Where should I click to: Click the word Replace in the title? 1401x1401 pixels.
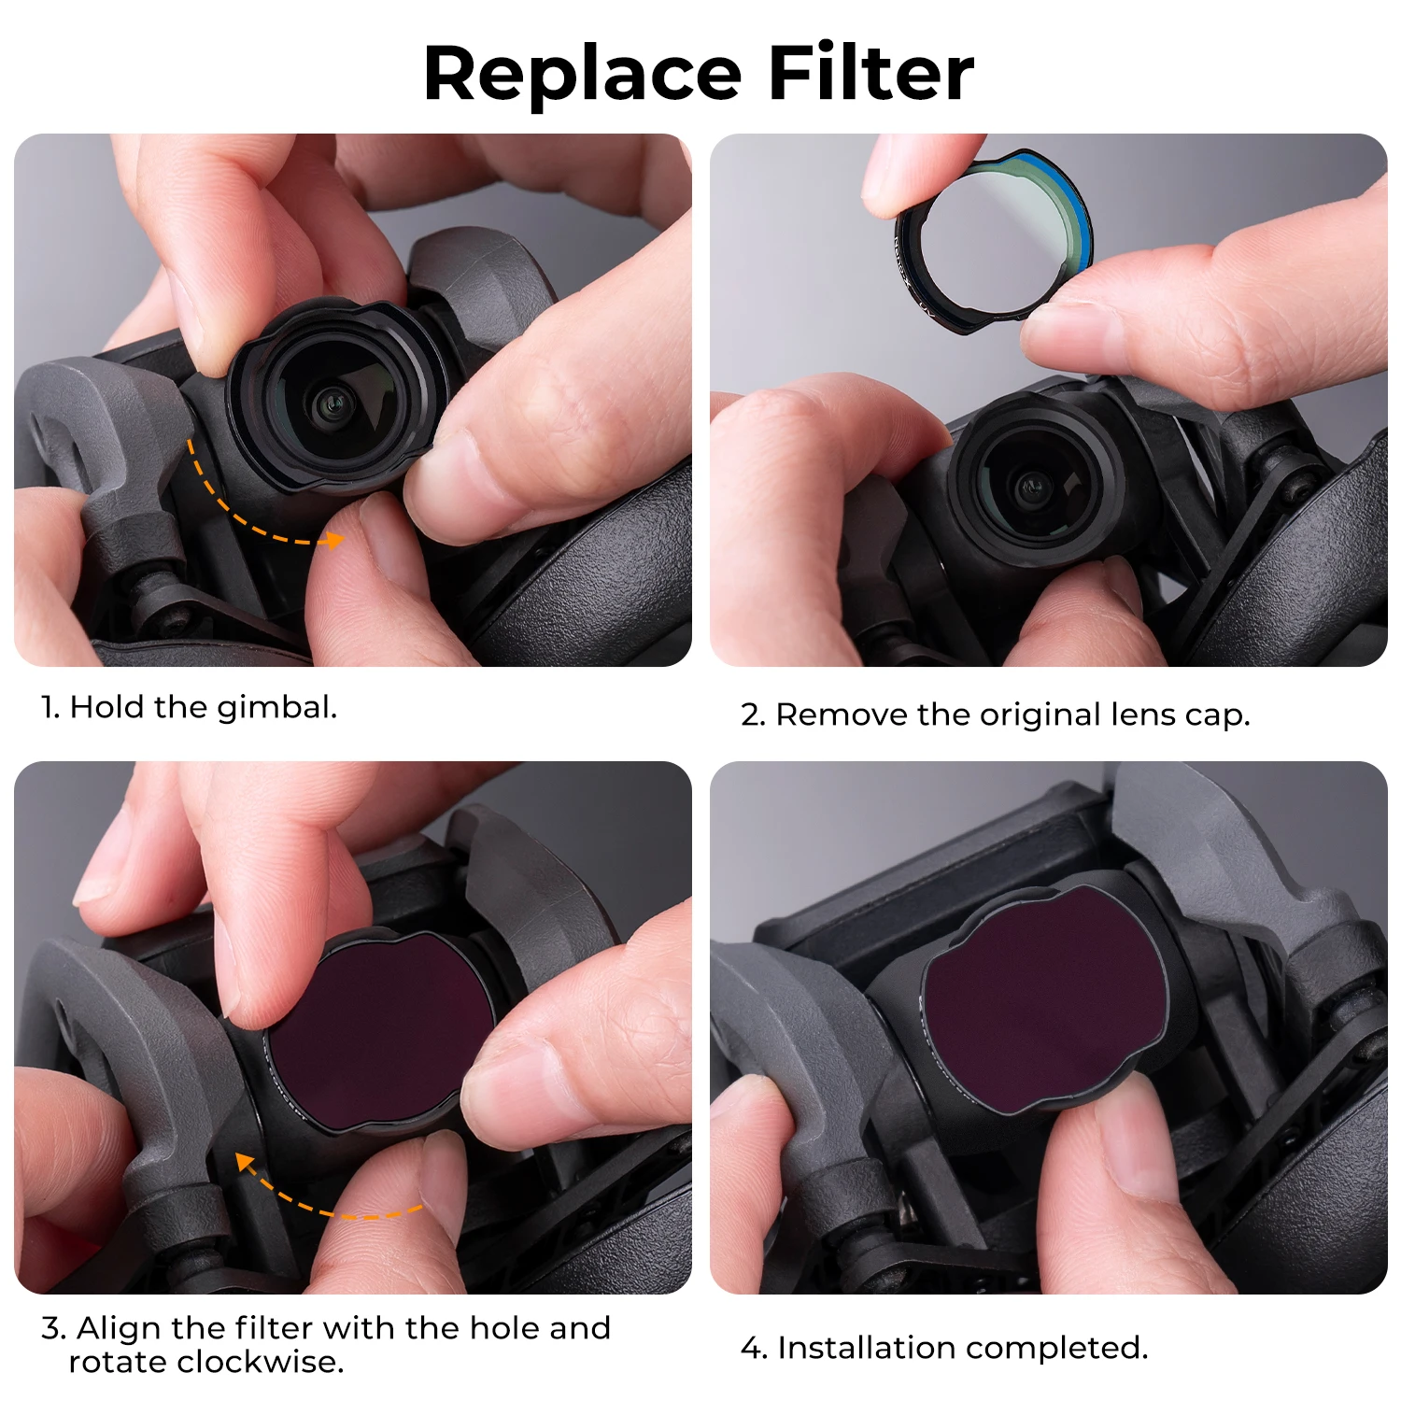[584, 75]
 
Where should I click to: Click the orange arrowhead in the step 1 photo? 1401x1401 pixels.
[333, 540]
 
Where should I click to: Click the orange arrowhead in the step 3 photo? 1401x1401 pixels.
[246, 1163]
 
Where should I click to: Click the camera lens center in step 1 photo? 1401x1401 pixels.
[329, 403]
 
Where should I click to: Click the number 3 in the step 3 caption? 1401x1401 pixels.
[52, 1328]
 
